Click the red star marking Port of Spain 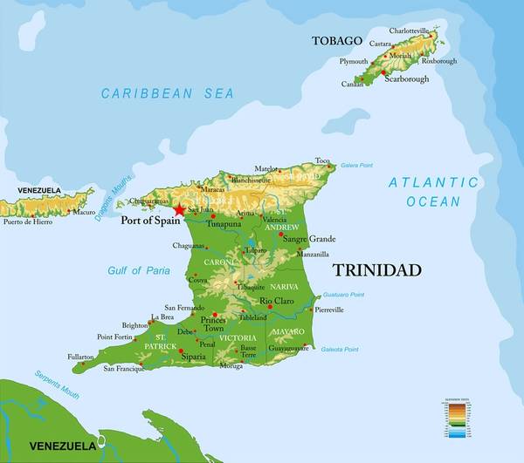[x=180, y=209]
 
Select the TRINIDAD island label [x=377, y=269]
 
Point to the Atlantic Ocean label [x=434, y=192]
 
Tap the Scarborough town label [x=404, y=78]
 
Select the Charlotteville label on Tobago [x=410, y=31]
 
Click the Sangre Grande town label [x=309, y=238]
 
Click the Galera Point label [x=357, y=164]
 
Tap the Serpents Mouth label [x=57, y=385]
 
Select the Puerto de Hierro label [x=27, y=221]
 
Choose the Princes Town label [x=213, y=323]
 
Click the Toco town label [x=323, y=160]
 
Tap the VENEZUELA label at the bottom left [x=62, y=446]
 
